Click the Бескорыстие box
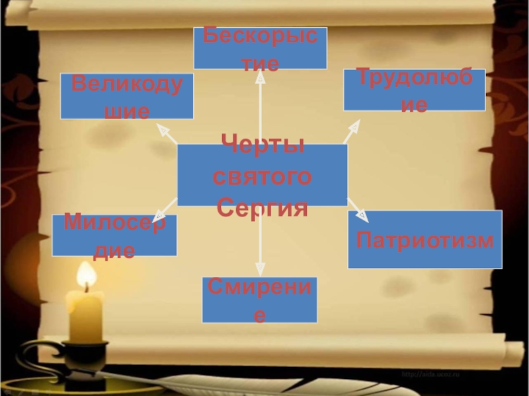coord(260,49)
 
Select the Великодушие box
coord(127,96)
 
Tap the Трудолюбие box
coord(414,90)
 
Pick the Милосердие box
coord(114,236)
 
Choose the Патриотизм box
coord(425,240)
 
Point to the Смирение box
coord(260,300)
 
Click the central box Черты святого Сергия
coord(263,175)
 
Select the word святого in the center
coord(263,176)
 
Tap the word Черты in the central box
coord(263,145)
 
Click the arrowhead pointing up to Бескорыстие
coord(260,79)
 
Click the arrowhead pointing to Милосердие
coord(159,216)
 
